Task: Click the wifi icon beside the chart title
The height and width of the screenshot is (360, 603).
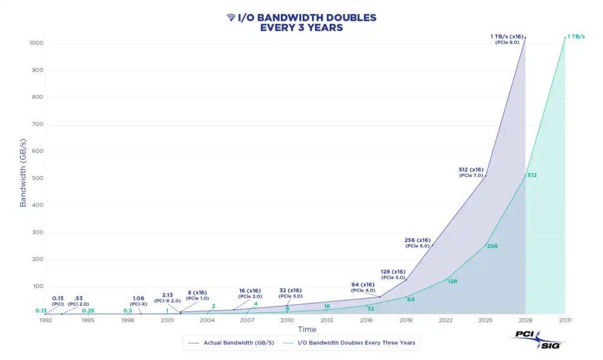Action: coord(231,18)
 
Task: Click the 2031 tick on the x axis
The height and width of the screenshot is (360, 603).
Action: coord(565,320)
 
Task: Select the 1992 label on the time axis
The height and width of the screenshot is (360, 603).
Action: coord(46,320)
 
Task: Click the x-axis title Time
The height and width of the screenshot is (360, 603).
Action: coord(306,329)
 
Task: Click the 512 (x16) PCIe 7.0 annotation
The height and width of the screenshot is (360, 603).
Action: coord(471,173)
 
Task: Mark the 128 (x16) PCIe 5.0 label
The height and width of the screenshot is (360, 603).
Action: coord(393,274)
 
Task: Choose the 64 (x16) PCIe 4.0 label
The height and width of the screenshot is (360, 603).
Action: coord(363,288)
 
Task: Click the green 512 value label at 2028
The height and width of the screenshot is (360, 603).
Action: coord(532,175)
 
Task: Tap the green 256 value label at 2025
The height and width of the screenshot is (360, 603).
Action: coord(492,246)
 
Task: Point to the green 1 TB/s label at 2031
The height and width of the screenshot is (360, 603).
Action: coord(576,37)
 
